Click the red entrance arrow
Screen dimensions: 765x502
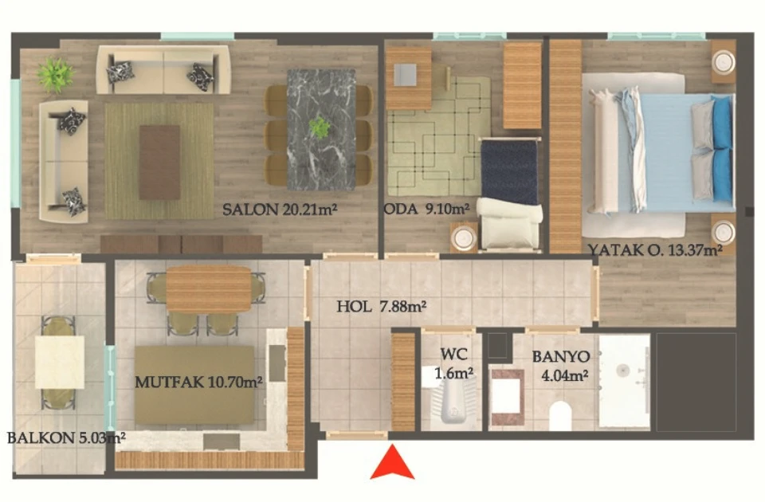[392, 463]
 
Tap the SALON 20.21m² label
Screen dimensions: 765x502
[280, 210]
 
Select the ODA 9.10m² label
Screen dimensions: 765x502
[427, 210]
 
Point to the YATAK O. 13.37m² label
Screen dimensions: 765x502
[655, 250]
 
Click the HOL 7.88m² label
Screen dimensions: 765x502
[382, 306]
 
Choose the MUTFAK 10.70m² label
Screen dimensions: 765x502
[198, 382]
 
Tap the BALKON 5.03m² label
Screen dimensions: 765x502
[66, 437]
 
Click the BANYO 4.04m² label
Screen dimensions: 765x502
[561, 366]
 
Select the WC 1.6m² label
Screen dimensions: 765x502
[453, 363]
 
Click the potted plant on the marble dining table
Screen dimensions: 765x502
[320, 127]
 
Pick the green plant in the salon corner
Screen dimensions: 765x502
[56, 75]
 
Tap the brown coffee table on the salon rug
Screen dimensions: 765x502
[159, 162]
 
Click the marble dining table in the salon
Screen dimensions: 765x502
[321, 129]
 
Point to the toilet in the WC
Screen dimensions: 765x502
[453, 400]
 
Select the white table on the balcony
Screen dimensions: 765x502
[60, 362]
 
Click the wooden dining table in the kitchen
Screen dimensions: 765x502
[209, 289]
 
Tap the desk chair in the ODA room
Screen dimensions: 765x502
[406, 75]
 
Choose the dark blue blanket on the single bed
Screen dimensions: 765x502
[510, 171]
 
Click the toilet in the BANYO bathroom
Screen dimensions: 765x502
[560, 416]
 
